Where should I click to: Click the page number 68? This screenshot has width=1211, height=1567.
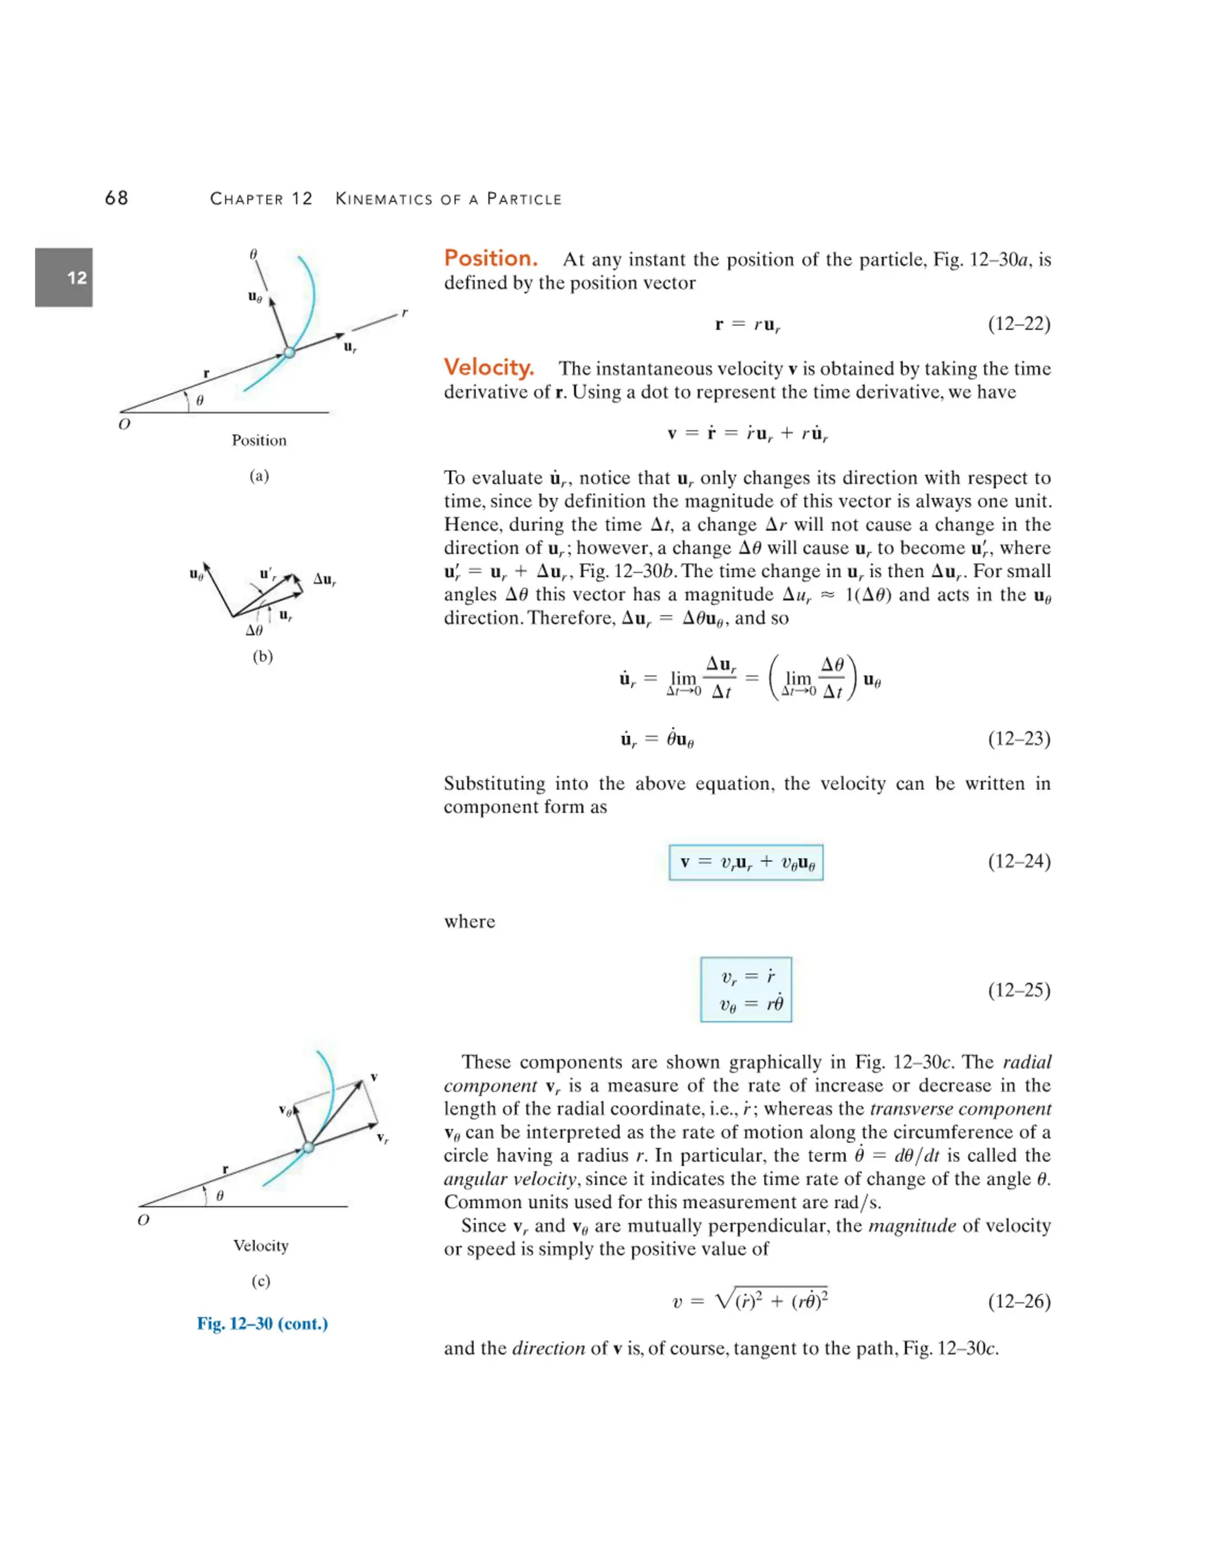116,198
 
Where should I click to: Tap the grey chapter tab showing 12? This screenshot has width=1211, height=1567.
64,278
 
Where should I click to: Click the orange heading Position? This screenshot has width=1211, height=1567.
491,258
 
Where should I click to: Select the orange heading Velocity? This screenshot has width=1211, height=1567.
488,367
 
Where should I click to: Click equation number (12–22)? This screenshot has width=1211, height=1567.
1019,323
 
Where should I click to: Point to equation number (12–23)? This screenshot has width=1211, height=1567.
1019,739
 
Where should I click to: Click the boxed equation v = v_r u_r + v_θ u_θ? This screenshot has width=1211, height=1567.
746,862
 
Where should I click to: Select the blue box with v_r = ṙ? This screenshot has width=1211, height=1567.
746,989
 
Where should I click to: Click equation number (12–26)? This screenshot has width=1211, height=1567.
1019,1301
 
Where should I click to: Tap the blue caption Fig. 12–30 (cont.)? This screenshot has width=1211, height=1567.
263,1324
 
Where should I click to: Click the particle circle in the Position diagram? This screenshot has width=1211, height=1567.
289,352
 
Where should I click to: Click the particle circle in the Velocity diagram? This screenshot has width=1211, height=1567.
309,1147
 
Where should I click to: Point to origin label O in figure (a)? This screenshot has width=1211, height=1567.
124,424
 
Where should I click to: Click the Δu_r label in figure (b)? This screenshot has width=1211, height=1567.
324,579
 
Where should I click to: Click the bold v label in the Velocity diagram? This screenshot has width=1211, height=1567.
374,1077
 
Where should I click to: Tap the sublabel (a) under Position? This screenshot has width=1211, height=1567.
259,475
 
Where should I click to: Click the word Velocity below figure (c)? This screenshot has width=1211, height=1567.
260,1245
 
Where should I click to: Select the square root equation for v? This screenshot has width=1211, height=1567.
750,1300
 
